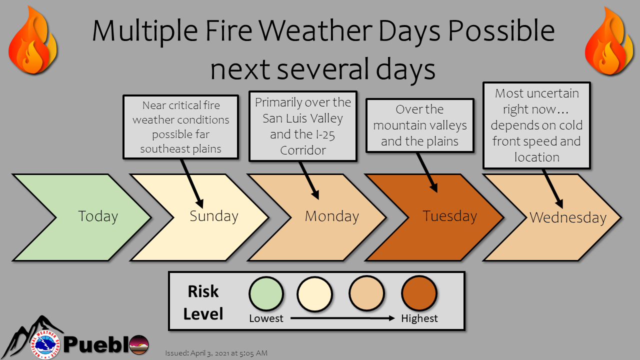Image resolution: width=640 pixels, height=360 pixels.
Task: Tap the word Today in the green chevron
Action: [x=98, y=216]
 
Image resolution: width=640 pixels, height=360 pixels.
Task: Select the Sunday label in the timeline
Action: [x=214, y=216]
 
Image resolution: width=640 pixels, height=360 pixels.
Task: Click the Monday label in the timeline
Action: [x=332, y=216]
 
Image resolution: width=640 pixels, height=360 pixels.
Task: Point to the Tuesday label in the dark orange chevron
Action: [x=449, y=216]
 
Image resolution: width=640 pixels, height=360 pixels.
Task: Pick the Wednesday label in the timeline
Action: [x=568, y=217]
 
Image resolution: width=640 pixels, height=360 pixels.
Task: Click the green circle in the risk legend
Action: [x=266, y=293]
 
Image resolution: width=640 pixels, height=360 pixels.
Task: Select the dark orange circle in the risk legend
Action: [x=419, y=293]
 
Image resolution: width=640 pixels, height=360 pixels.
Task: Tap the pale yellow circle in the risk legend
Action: [x=314, y=294]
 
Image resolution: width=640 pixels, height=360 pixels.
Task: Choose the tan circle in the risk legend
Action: [x=366, y=293]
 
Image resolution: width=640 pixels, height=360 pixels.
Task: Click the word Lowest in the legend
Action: [x=266, y=318]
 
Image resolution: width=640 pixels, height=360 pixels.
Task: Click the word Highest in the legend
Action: [x=419, y=318]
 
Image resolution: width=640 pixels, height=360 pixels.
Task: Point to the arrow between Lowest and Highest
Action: [x=342, y=318]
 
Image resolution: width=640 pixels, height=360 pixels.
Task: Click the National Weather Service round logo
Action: [x=45, y=344]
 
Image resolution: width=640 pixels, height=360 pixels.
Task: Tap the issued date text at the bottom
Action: [x=216, y=353]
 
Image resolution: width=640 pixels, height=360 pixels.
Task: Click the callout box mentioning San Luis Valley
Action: [x=303, y=126]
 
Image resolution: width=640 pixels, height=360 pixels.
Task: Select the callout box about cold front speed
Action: [x=536, y=125]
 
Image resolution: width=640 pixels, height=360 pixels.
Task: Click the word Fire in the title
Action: [x=228, y=30]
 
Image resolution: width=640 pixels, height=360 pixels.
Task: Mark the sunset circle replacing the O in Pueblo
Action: [x=139, y=344]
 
